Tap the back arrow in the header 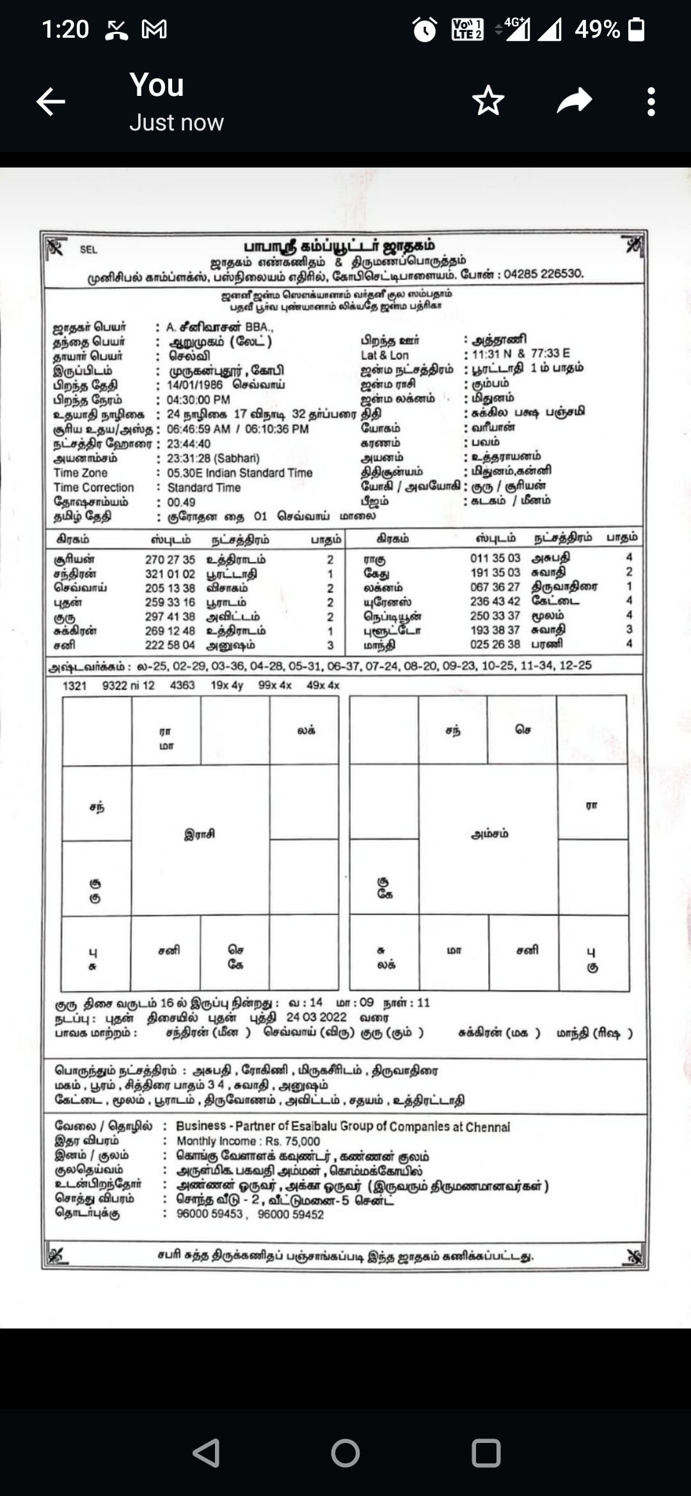51,102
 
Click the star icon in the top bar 488,101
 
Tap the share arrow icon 574,101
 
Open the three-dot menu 651,102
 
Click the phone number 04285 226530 543,274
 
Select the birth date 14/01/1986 195,385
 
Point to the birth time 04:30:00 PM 198,400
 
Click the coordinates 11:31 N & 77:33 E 521,354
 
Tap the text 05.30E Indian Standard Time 240,473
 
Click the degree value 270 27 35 170,560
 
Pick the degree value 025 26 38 495,644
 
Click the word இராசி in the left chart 200,834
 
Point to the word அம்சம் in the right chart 489,834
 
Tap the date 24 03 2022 316,1017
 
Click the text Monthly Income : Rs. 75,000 248,1141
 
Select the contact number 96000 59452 290,1214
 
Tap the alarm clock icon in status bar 425,29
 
